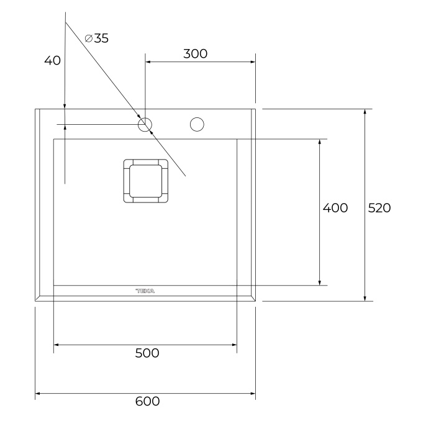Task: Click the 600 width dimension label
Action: coord(147,401)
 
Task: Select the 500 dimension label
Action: coord(147,353)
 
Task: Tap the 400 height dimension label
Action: coord(335,208)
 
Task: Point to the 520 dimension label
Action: coord(379,208)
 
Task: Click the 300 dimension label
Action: coord(195,53)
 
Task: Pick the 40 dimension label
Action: coord(52,60)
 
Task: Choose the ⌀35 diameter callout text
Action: coord(96,39)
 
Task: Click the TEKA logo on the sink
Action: coord(145,291)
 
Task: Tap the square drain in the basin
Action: coord(145,181)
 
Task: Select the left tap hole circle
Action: coord(145,118)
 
